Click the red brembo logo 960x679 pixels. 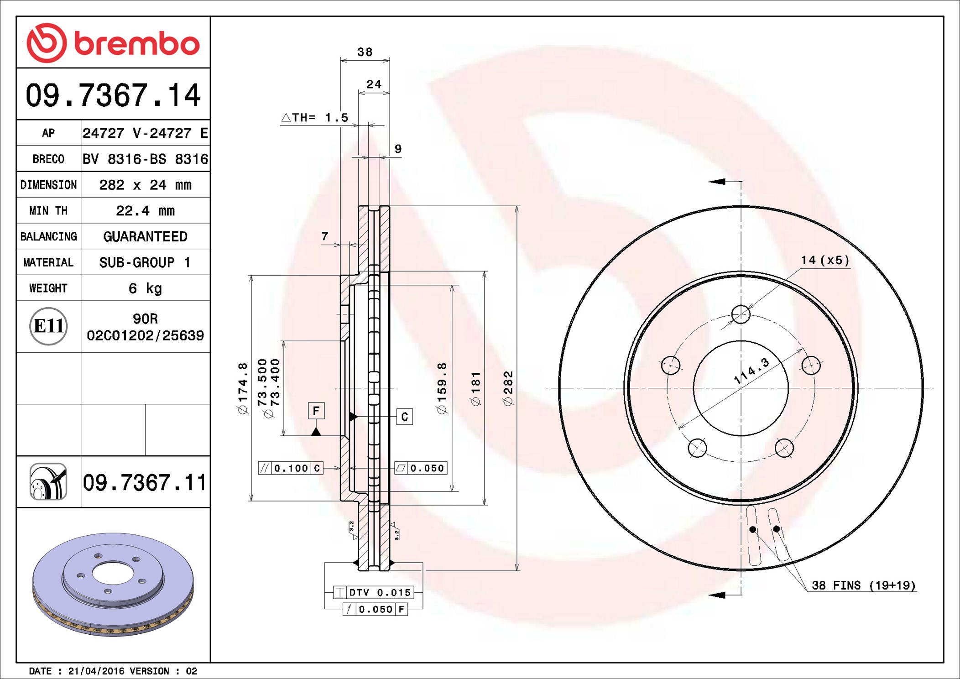tap(113, 43)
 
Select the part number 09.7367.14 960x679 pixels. tap(113, 95)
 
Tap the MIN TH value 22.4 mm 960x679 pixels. tap(145, 210)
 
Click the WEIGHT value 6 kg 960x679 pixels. tap(145, 288)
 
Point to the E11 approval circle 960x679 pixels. tap(48, 326)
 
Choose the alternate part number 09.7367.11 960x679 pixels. tap(145, 482)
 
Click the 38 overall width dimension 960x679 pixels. tap(365, 52)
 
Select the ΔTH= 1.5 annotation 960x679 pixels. tap(315, 118)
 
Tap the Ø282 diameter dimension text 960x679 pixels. tap(508, 388)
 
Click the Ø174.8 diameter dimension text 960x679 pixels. tap(243, 388)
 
